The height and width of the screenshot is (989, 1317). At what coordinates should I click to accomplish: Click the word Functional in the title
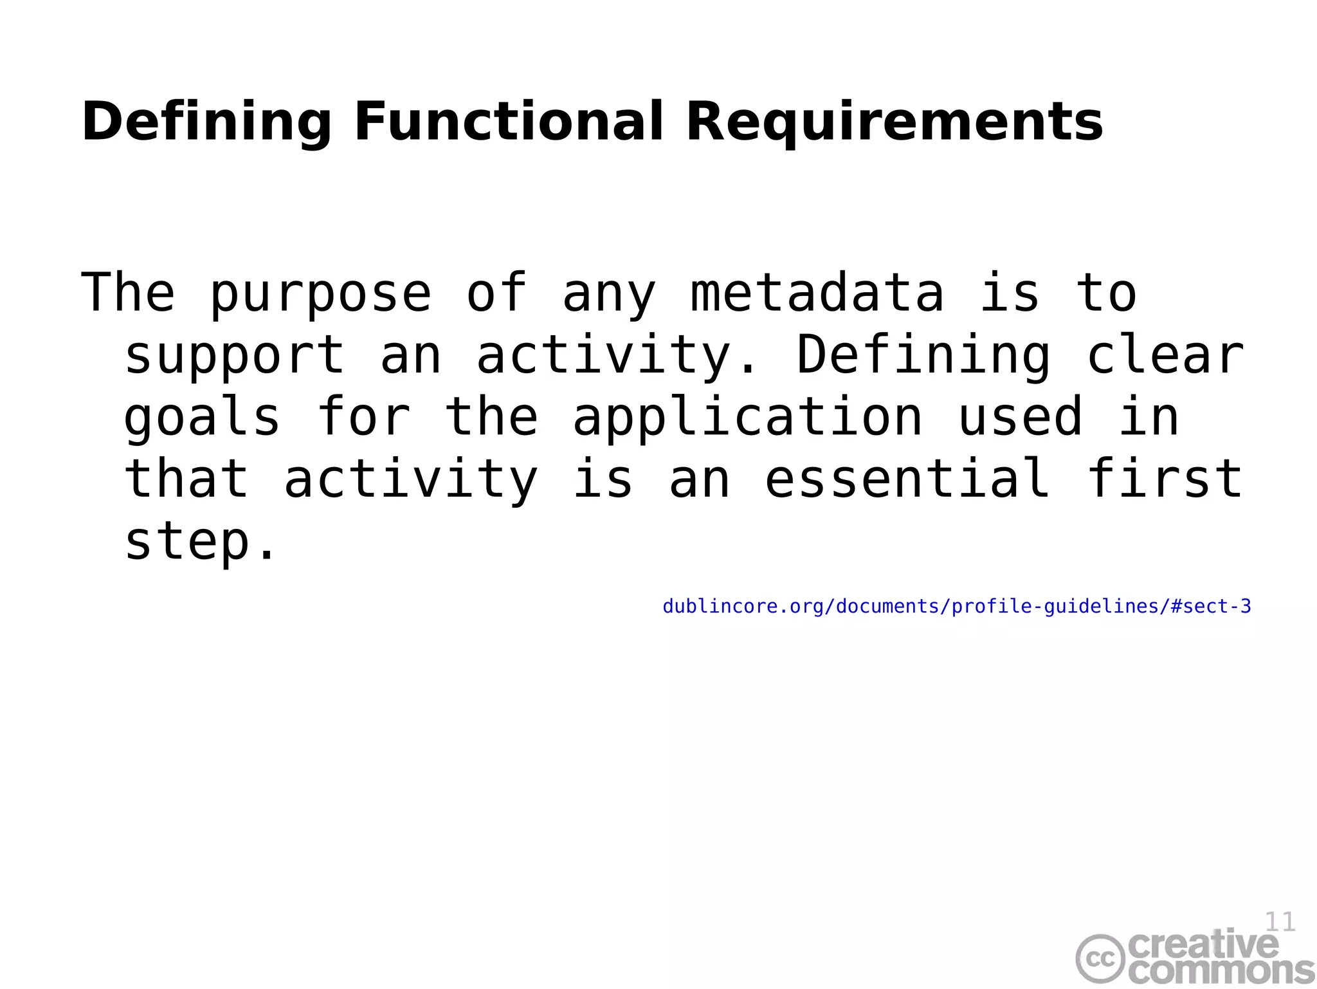click(508, 122)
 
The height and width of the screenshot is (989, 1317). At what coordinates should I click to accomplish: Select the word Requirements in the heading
click(895, 122)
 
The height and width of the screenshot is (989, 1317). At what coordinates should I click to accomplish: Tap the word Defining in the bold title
click(206, 122)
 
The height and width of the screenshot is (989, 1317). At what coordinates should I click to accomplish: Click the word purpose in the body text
click(320, 293)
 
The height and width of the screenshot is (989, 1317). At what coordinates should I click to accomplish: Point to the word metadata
click(817, 293)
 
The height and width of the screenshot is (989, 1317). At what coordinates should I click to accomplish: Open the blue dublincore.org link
click(957, 606)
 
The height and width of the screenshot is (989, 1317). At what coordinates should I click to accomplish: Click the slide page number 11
click(1280, 921)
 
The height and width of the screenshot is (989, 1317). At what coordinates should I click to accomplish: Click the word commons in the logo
click(1221, 970)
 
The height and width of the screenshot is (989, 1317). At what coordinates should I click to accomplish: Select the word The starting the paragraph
click(128, 293)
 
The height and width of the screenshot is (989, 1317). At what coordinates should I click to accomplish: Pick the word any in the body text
click(609, 293)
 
